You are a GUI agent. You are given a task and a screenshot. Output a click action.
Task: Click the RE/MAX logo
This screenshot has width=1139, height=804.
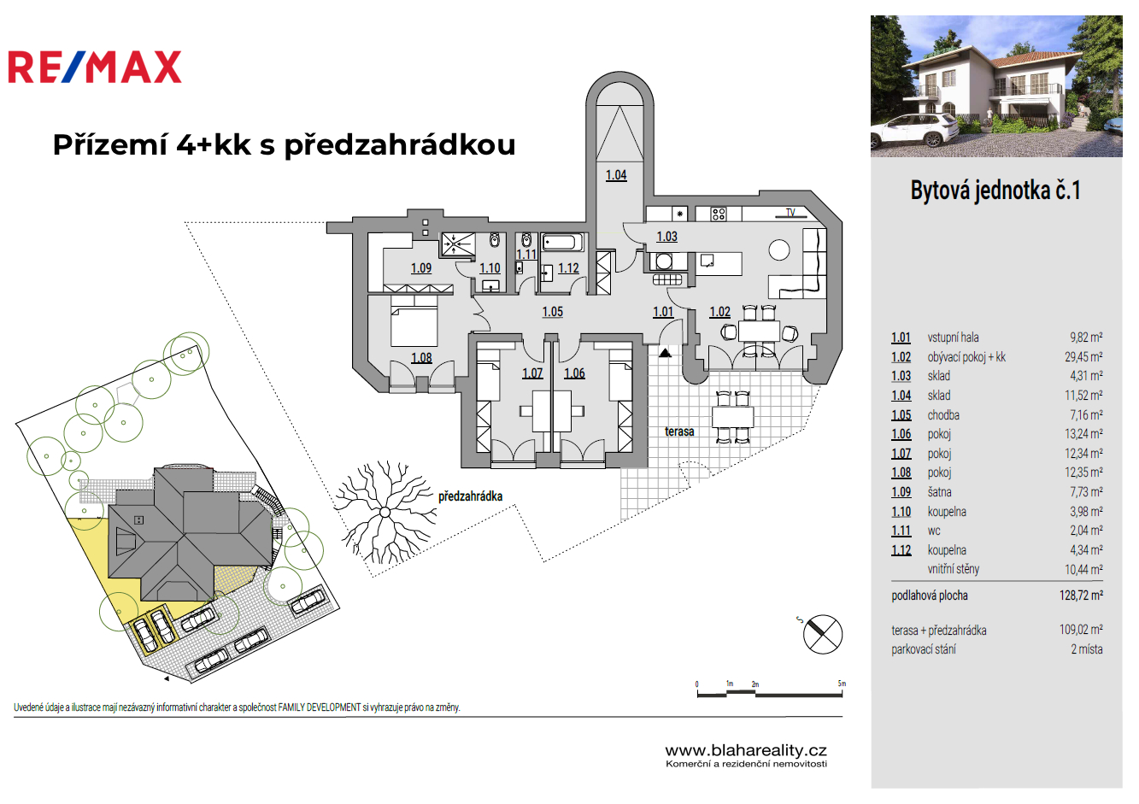[x=95, y=67]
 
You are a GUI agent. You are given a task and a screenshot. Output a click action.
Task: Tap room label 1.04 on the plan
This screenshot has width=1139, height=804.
[x=616, y=175]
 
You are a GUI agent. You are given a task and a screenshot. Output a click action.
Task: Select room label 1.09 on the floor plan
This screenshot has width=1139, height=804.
[x=421, y=268]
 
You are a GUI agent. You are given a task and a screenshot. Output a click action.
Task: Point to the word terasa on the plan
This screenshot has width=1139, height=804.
[x=679, y=431]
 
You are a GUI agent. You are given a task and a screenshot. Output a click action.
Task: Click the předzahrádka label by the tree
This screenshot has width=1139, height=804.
[x=470, y=496]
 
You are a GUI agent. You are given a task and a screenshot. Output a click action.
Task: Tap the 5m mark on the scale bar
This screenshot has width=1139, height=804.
[x=842, y=684]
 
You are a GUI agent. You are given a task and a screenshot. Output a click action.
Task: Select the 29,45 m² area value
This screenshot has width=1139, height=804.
[x=1083, y=357]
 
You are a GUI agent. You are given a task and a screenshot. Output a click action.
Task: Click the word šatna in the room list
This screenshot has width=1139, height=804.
[x=939, y=492]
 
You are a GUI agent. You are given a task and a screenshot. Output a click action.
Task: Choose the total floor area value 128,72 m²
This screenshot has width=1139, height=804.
[x=1081, y=596]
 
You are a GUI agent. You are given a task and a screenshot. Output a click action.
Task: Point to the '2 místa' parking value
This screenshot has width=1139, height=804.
[x=1086, y=649]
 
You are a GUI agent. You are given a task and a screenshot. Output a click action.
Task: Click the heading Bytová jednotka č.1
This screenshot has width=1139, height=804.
[x=995, y=190]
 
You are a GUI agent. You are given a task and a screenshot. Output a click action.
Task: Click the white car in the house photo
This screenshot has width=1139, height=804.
[x=915, y=131]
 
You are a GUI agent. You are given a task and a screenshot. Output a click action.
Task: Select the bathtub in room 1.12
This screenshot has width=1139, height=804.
[x=561, y=243]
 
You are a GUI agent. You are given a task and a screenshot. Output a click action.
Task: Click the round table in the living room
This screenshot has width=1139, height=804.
[x=778, y=249]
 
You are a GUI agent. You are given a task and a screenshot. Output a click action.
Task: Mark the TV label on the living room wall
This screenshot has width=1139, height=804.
[x=790, y=213]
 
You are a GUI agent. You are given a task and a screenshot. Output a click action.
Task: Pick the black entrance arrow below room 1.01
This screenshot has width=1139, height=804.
[x=665, y=351]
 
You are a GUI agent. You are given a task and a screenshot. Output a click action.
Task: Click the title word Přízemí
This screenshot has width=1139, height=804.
[x=109, y=145]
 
